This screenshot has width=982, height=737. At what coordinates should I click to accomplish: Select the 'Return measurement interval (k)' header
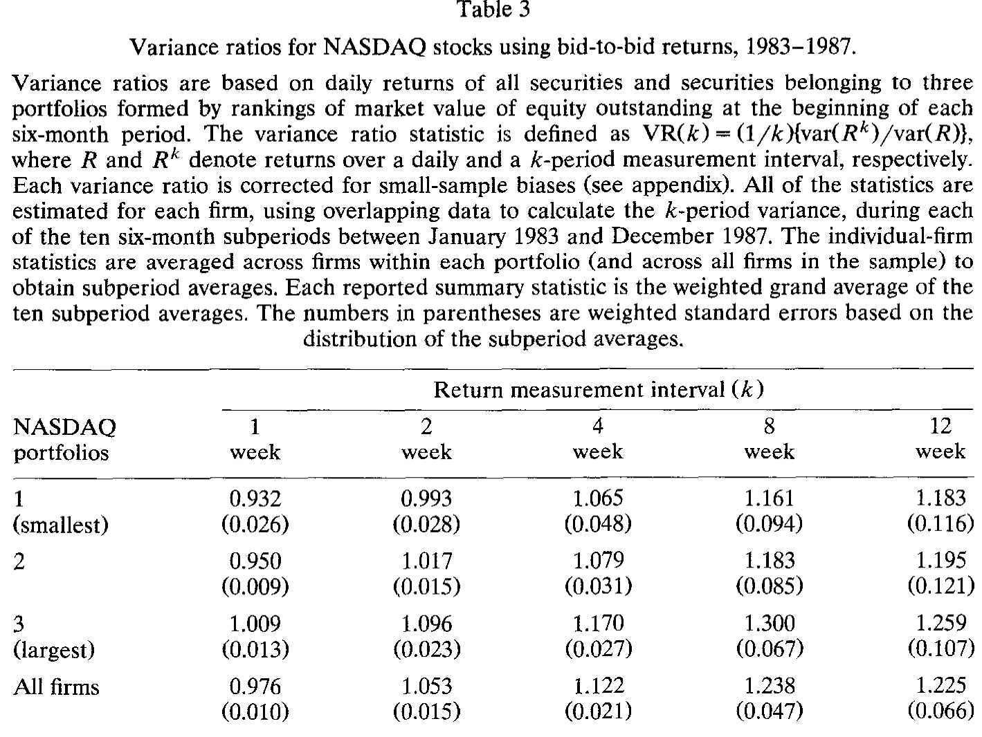click(599, 390)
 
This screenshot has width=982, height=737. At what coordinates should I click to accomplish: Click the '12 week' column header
click(940, 438)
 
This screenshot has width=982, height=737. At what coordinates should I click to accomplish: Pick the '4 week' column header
click(598, 438)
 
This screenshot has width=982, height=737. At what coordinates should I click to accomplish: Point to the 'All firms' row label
click(56, 687)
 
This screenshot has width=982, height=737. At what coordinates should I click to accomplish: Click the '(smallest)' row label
click(61, 524)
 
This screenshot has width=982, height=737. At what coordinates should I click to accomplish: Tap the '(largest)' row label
click(54, 649)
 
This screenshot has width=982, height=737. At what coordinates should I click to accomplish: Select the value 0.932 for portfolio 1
click(255, 498)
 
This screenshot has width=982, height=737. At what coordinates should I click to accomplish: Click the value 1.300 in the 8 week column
click(770, 624)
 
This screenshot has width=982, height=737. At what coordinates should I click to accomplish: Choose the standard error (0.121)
click(941, 586)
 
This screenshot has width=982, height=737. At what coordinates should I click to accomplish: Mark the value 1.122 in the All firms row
click(599, 686)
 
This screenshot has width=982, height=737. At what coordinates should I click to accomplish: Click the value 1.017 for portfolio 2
click(427, 561)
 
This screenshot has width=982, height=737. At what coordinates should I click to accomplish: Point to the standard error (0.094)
click(770, 523)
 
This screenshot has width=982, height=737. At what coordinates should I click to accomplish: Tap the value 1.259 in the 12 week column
click(941, 623)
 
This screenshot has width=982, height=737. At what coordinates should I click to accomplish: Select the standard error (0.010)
click(255, 711)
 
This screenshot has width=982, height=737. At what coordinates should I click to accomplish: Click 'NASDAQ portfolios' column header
click(65, 440)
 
